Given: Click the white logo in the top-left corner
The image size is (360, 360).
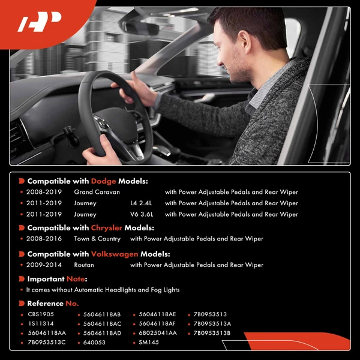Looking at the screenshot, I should click(x=40, y=23).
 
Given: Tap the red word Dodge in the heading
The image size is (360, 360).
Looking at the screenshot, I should click(x=103, y=181).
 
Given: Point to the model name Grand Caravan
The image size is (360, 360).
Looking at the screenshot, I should click(x=97, y=192).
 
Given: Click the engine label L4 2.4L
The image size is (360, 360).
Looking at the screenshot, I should click(x=142, y=203).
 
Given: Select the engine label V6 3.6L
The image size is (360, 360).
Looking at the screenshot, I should click(x=142, y=214).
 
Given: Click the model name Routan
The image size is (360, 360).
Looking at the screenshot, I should click(x=84, y=265).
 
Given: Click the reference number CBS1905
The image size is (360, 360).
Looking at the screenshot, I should click(x=41, y=314).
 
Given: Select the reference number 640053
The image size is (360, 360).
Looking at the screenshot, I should click(x=94, y=343).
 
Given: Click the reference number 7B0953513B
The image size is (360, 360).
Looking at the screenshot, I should click(x=212, y=333).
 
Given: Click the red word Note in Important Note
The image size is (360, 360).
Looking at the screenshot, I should click(x=76, y=279).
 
